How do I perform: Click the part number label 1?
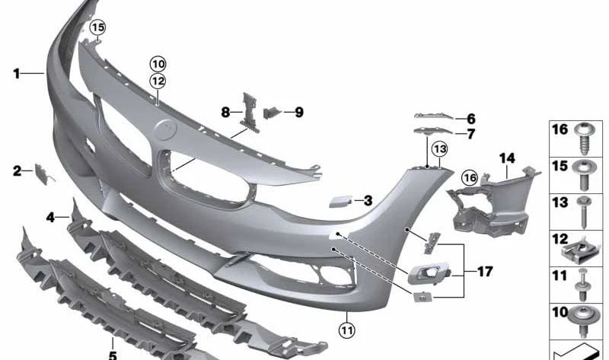click(16, 74)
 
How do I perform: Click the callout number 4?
click(50, 218)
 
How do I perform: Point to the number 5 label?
click(112, 355)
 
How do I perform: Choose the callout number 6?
click(470, 119)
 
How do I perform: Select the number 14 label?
click(508, 158)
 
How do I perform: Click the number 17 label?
click(484, 270)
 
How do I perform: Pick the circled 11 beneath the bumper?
click(347, 330)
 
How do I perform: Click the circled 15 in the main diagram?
click(97, 28)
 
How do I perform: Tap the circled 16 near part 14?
click(469, 177)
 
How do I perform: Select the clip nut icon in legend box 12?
click(585, 247)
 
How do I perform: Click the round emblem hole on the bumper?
click(164, 132)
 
